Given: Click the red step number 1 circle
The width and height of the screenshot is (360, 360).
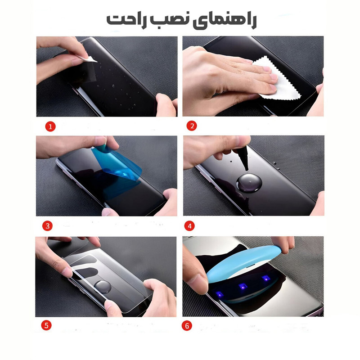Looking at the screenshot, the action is point(50,126).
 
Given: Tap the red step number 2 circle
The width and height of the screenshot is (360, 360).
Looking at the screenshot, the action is point(192,126).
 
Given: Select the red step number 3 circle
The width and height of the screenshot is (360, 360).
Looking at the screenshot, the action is point(47,226).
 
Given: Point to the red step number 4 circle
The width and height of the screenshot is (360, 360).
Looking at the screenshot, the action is point(189,226).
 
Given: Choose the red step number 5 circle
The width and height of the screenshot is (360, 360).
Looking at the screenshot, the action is point(46,325).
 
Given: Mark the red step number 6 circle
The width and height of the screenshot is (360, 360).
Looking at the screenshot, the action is point(187,326).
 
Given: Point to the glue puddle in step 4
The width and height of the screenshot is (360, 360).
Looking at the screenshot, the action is point(249,183).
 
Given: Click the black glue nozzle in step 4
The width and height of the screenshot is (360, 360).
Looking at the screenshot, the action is point(243,158).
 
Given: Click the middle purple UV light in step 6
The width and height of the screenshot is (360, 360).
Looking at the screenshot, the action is point(243,287).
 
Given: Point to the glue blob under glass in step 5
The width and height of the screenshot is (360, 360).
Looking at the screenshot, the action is point(103,287).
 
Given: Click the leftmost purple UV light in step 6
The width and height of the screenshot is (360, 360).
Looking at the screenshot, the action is point(220,294).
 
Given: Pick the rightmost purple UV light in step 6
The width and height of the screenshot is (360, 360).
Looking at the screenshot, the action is point(266,279).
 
